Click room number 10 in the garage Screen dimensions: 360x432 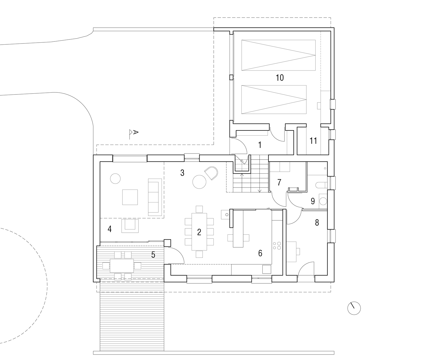click(x=280, y=77)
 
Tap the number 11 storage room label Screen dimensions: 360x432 click(x=313, y=141)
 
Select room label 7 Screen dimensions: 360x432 click(x=279, y=182)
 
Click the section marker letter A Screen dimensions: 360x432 click(x=136, y=132)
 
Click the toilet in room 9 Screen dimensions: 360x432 click(x=321, y=185)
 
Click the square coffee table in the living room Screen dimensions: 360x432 click(x=130, y=197)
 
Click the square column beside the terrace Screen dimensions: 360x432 click(x=167, y=243)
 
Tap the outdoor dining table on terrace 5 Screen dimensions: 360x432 click(x=122, y=266)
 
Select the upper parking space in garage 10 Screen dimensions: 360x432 click(x=278, y=55)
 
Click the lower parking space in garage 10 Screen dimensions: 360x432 click(x=274, y=99)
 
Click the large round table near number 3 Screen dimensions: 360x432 click(x=199, y=182)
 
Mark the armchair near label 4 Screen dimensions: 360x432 click(x=130, y=226)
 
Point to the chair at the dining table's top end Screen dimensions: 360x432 click(x=199, y=209)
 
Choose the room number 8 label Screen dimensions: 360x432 click(x=317, y=223)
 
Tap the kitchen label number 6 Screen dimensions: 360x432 click(x=260, y=253)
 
